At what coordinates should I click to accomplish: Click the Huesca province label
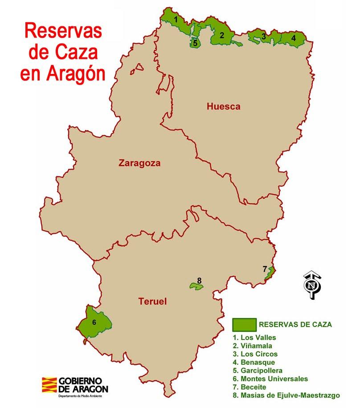click(x=223, y=106)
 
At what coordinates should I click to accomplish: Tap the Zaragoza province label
click(x=139, y=163)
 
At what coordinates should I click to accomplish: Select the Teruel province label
click(x=152, y=302)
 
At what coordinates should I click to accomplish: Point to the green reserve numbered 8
click(x=196, y=286)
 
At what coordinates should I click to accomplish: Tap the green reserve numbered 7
click(x=269, y=272)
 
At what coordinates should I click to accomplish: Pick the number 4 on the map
click(x=293, y=38)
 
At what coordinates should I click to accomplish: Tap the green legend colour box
click(x=244, y=324)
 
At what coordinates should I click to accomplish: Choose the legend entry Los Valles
click(x=254, y=338)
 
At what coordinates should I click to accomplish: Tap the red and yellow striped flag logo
click(x=49, y=385)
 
